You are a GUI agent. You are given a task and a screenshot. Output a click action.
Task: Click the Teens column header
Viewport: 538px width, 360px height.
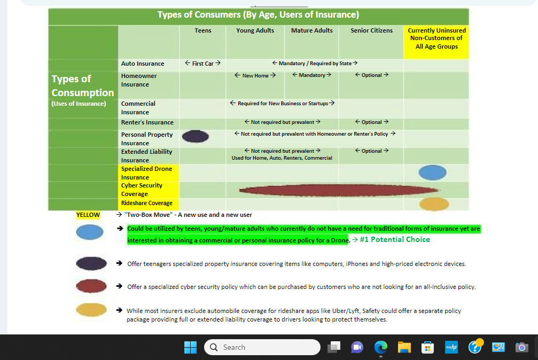tap(202, 30)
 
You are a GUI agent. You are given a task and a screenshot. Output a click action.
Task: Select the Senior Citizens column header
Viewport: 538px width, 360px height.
tap(371, 30)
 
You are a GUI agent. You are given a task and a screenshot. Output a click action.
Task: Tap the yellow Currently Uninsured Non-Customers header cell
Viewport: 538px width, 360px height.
tap(436, 38)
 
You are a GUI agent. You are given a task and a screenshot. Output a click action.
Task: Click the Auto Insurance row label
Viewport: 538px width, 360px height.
tap(143, 64)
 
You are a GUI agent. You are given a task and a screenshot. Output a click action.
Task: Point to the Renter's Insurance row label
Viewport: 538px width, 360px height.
tap(147, 122)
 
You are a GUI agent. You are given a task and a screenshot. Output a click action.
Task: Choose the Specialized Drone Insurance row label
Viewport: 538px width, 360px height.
tap(146, 173)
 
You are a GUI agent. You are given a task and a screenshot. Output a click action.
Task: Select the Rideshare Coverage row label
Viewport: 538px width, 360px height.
tap(146, 203)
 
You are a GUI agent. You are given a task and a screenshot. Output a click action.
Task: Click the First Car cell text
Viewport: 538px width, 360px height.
tap(202, 64)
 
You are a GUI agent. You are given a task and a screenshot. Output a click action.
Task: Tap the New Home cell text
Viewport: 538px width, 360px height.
tap(255, 75)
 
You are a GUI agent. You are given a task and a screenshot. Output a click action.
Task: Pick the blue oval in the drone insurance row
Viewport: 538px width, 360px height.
tap(432, 173)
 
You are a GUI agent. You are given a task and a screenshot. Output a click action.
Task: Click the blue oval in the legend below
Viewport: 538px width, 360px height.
tap(90, 232)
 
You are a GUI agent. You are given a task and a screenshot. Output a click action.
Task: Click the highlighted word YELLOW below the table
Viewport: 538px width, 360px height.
tap(88, 215)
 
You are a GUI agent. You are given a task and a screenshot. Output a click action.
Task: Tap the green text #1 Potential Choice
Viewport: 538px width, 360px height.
tap(395, 239)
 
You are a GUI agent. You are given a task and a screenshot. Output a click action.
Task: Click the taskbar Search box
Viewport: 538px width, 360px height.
tap(262, 347)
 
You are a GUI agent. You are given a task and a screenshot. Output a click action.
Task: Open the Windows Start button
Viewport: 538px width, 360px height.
tap(190, 347)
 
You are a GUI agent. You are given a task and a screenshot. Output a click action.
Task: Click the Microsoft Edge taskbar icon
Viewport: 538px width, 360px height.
tap(380, 347)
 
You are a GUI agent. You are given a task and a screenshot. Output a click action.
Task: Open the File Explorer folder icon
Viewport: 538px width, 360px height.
tap(404, 347)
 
